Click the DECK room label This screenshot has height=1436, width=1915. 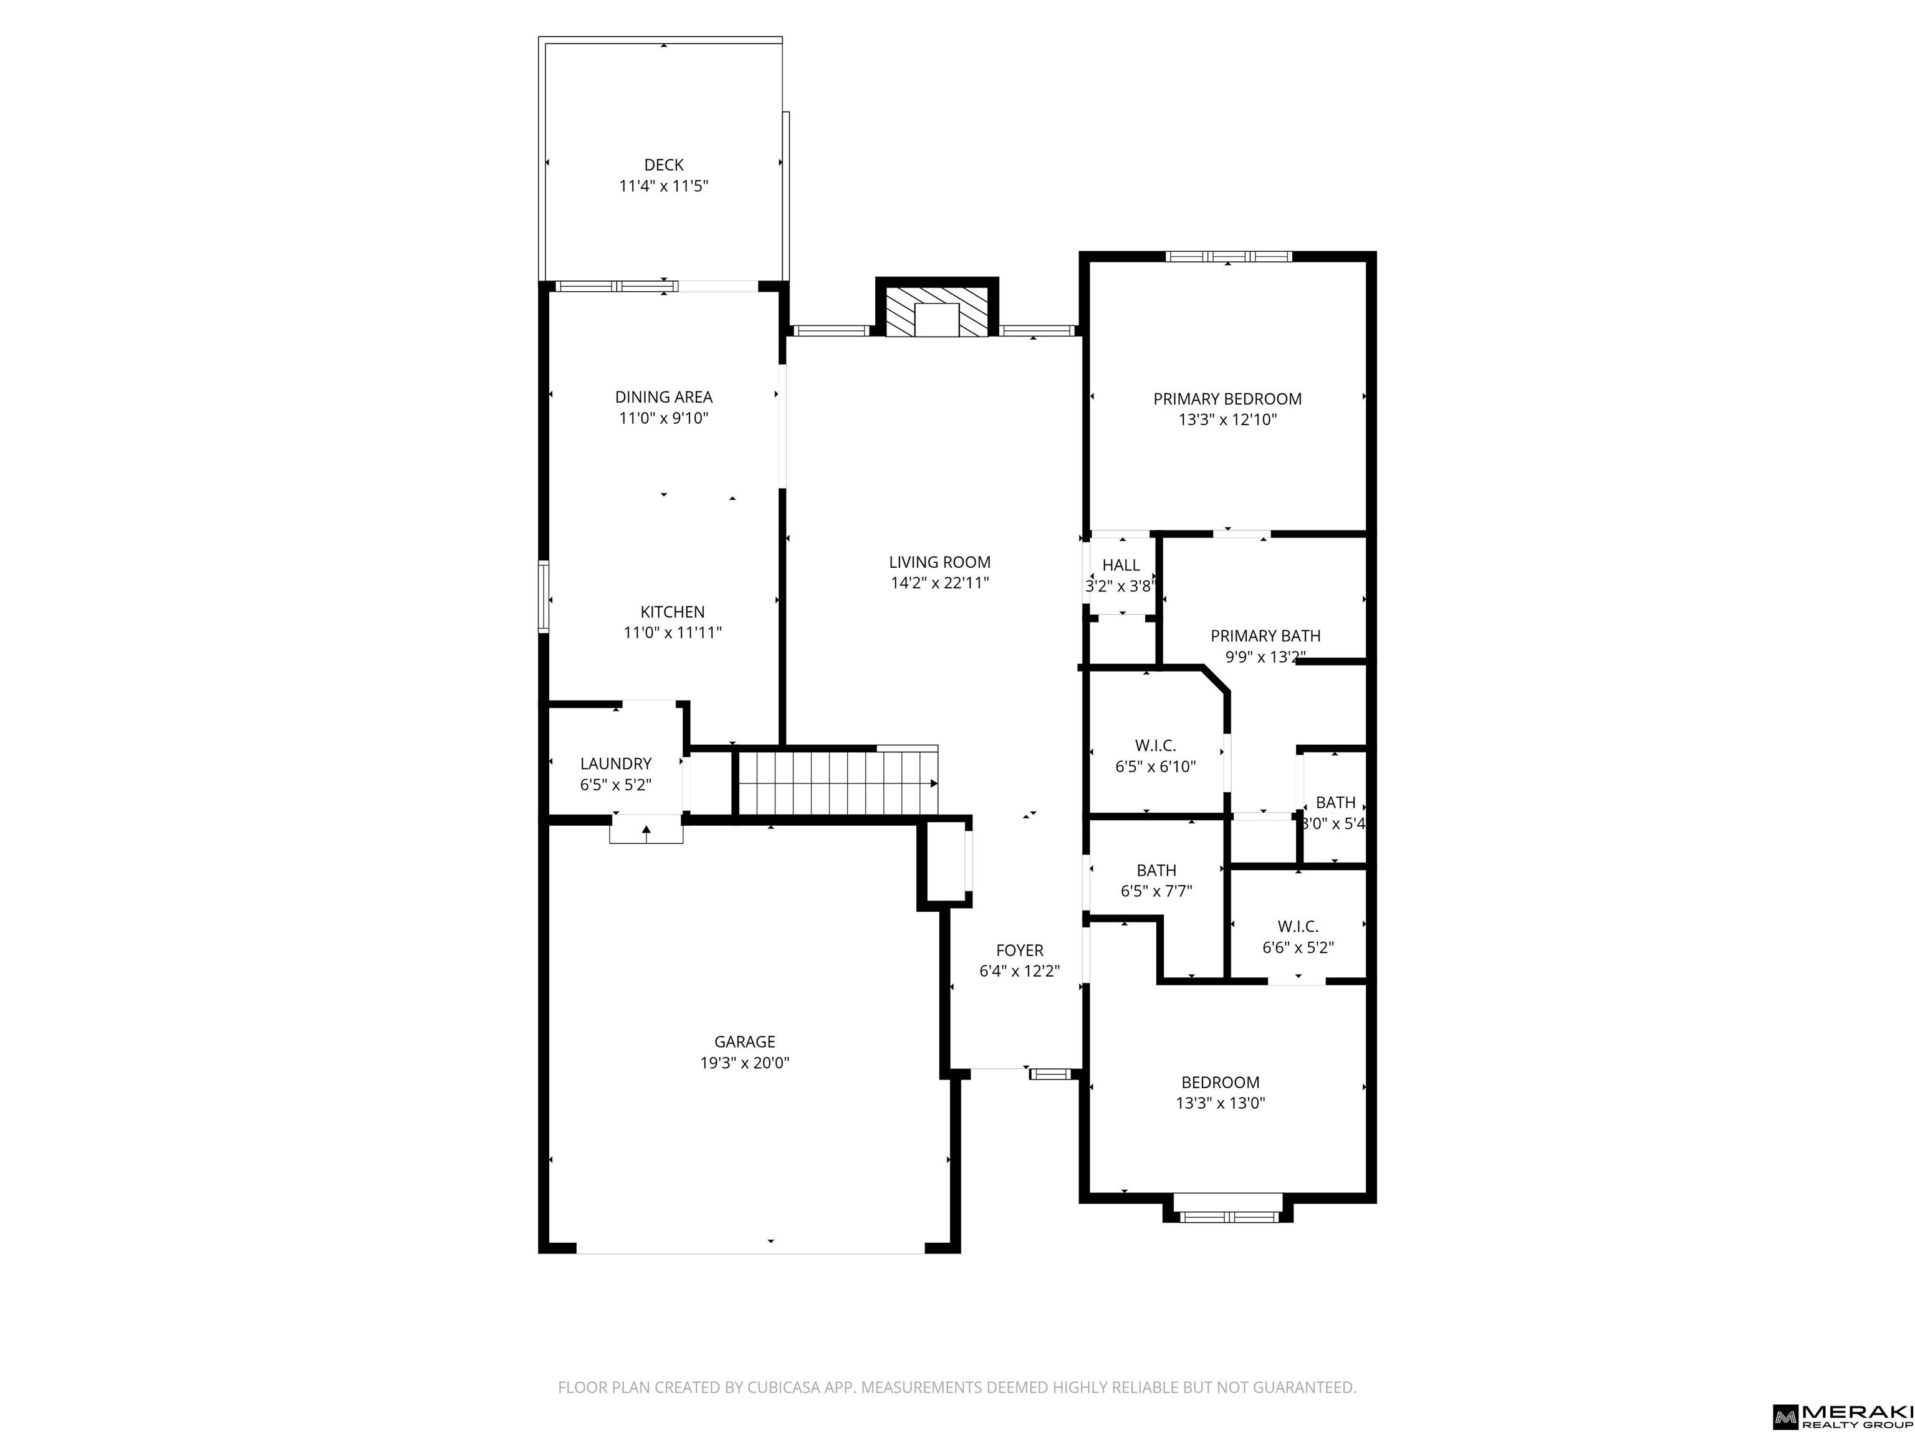[664, 165]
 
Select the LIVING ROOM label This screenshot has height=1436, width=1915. [939, 562]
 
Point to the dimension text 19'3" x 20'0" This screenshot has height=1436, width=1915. [744, 1063]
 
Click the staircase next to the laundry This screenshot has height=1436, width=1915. [837, 782]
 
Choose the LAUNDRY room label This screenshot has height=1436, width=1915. [615, 763]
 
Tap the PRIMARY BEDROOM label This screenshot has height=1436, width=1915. [1227, 399]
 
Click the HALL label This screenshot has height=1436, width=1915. [1121, 565]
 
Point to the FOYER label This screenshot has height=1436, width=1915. [1019, 950]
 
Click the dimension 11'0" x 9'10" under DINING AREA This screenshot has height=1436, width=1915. [664, 418]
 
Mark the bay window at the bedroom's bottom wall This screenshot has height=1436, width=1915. [1227, 1209]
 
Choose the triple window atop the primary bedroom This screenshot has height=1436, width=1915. [1229, 256]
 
